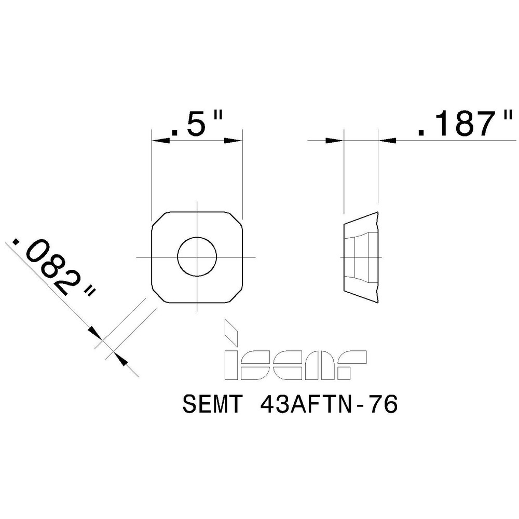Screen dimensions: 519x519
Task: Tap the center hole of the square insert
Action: (197, 256)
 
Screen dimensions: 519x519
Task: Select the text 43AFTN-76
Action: (327, 405)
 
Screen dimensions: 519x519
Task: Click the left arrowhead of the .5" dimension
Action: (158, 140)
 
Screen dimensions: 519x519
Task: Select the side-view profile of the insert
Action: (362, 256)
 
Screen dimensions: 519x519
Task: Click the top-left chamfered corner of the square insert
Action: (158, 218)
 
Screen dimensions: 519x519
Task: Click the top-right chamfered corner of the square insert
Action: (236, 218)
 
